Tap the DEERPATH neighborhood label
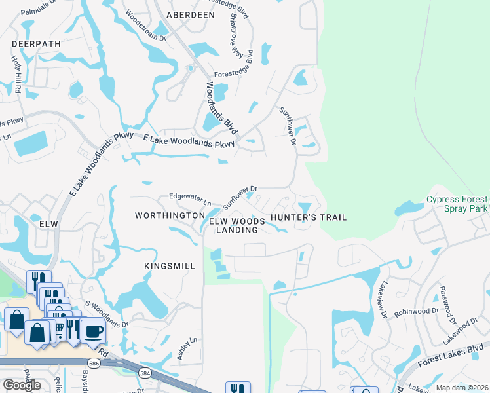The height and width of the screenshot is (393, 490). point(35,43)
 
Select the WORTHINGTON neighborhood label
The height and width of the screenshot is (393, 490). point(170,215)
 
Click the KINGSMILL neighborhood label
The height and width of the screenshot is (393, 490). point(170,265)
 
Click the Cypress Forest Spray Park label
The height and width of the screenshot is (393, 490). point(457,204)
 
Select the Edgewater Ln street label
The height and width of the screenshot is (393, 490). point(190,196)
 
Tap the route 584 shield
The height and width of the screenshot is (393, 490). point(143,373)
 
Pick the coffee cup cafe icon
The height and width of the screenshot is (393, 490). point(93,331)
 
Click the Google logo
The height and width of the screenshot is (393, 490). point(22,385)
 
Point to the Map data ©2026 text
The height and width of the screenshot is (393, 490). point(462,387)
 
